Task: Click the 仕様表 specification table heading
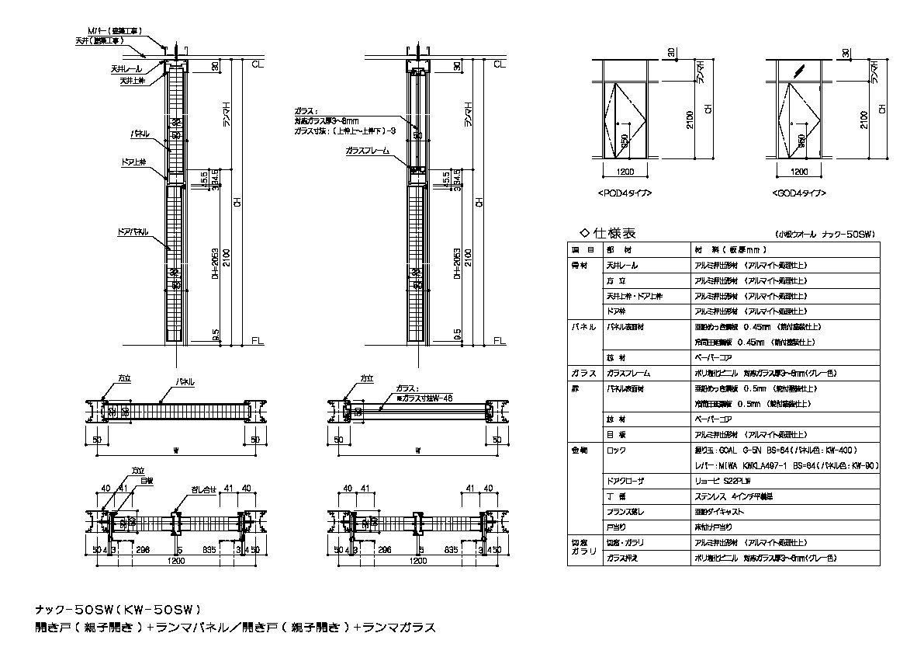609,232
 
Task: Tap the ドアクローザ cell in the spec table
625,482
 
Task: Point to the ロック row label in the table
616,450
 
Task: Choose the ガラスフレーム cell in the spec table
628,373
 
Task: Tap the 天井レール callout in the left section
125,69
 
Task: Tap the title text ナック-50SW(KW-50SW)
119,610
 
